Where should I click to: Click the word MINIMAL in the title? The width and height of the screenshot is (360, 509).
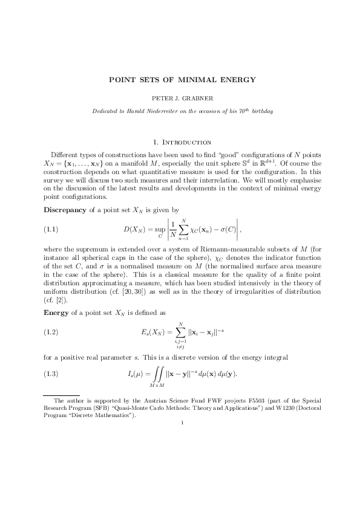(x=189, y=79)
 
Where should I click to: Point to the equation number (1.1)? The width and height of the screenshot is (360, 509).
(x=51, y=230)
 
